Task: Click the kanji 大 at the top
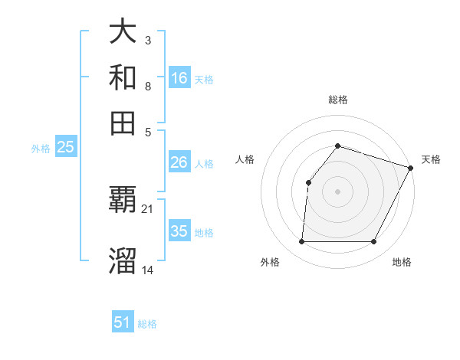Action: tap(123, 32)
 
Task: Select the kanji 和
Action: tap(123, 78)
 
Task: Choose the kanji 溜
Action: tap(123, 260)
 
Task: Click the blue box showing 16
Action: tap(179, 78)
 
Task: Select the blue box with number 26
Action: tap(179, 162)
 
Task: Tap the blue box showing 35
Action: tap(179, 231)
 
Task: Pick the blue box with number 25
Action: tap(65, 148)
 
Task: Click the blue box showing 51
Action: tap(123, 322)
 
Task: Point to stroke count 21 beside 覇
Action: tap(148, 208)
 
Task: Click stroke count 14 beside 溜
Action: tap(148, 269)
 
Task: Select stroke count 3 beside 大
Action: tap(148, 39)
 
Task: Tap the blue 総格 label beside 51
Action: tap(147, 324)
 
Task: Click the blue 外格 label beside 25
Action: tap(41, 149)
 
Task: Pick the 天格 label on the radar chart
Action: tap(431, 159)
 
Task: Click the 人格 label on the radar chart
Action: tap(245, 159)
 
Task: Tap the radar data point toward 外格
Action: tap(301, 242)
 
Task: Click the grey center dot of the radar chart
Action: tap(337, 191)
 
